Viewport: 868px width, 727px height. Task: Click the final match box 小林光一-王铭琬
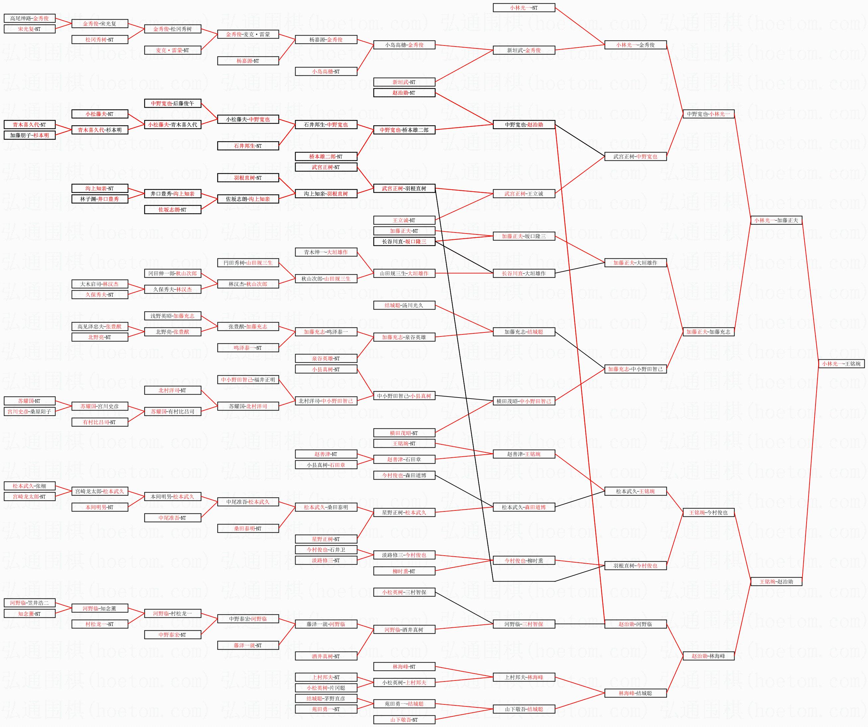[841, 364]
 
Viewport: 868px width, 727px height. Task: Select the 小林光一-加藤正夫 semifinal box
[776, 220]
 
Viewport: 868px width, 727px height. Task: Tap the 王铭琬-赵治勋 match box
[776, 582]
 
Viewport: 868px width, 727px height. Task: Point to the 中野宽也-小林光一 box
[709, 114]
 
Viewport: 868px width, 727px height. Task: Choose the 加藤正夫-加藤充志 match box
[709, 332]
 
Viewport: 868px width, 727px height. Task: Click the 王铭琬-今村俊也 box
[709, 512]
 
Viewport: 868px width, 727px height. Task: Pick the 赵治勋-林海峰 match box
[709, 656]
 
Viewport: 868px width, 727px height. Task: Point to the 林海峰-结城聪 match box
[635, 693]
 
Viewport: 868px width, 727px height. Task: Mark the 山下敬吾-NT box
[404, 720]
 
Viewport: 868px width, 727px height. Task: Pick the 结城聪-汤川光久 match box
[404, 306]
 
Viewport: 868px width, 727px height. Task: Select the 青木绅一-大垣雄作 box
[326, 252]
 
